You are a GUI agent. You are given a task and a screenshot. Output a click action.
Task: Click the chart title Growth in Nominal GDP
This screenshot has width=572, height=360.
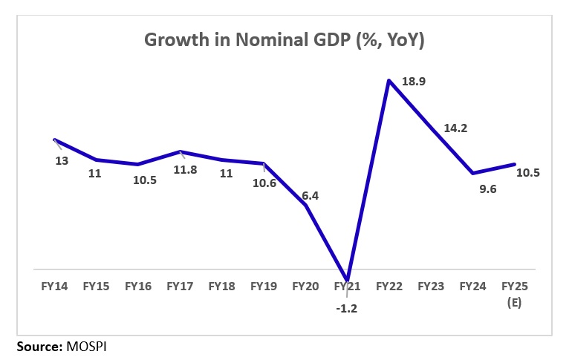tap(286, 41)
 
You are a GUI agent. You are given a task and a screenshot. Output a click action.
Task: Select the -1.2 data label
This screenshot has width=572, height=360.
tap(348, 308)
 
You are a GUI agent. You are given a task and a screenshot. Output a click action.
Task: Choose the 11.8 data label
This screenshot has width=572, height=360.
tap(183, 169)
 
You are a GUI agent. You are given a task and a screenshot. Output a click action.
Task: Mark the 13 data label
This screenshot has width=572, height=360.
tap(62, 160)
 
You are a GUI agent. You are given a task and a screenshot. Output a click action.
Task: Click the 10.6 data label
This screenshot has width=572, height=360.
tap(263, 183)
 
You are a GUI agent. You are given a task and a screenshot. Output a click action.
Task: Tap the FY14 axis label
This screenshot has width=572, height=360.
tap(54, 285)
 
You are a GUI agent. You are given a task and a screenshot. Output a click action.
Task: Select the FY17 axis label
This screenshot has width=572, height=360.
tap(180, 285)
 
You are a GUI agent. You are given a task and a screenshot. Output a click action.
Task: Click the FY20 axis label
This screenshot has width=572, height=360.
tap(305, 285)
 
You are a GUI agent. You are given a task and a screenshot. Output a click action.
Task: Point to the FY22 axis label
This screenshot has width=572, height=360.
tap(389, 285)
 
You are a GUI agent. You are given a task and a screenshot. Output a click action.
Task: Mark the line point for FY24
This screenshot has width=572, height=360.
tap(473, 174)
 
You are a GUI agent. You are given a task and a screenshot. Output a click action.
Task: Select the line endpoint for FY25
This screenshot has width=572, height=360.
tap(515, 164)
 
